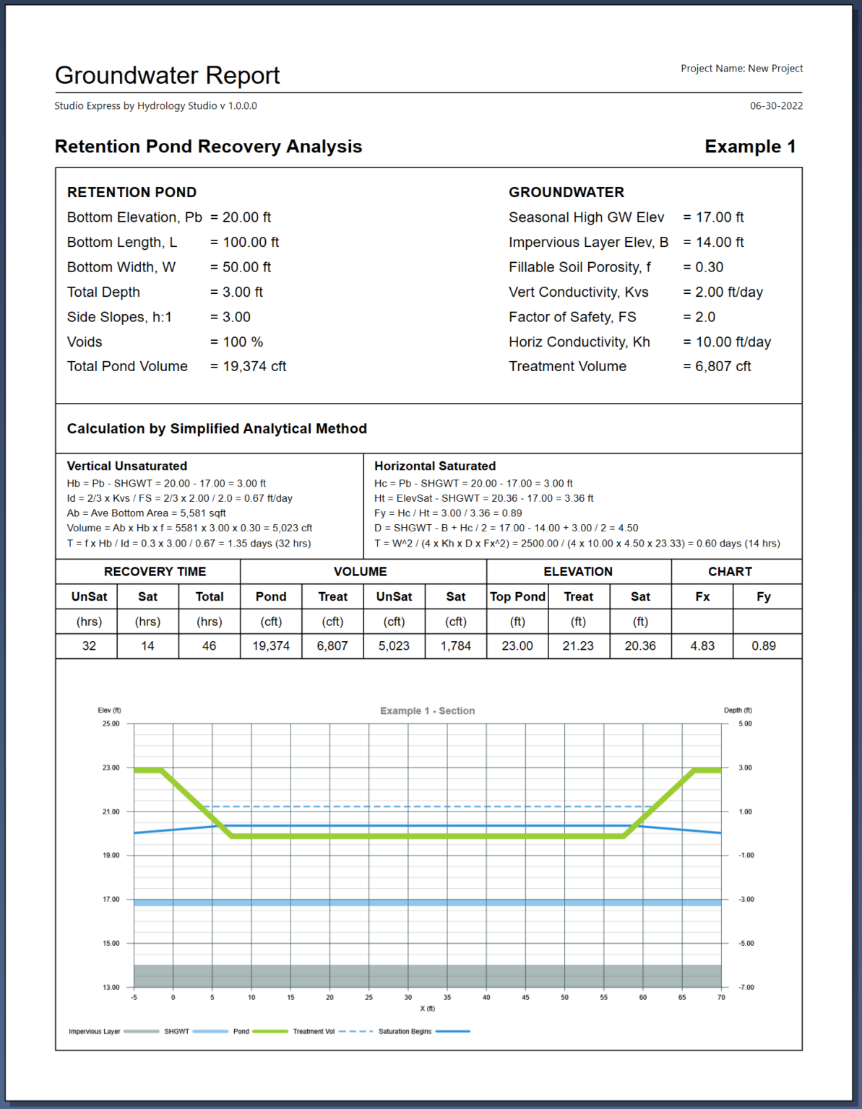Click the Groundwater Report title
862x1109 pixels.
point(167,75)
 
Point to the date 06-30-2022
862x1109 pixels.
point(776,105)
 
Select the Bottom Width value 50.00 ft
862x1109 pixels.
point(241,267)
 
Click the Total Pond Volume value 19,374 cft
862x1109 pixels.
point(248,366)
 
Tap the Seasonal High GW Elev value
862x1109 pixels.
point(713,217)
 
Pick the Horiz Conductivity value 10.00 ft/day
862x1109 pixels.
point(727,342)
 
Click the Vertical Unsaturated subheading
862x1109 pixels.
point(127,466)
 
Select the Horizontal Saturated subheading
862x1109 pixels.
point(435,466)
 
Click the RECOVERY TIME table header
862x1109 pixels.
point(155,572)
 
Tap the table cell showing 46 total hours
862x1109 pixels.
point(209,645)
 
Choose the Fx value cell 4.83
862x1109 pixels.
point(702,645)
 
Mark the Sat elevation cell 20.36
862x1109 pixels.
point(640,645)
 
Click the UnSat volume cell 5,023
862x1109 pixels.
point(394,645)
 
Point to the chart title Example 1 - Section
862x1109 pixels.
point(427,710)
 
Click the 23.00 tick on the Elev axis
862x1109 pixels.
point(111,767)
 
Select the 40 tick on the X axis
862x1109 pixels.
point(486,997)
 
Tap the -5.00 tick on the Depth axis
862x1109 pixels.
point(745,943)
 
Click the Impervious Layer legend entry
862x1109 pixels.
point(95,1031)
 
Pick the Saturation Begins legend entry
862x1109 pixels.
point(405,1031)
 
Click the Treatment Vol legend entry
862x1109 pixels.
point(314,1031)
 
